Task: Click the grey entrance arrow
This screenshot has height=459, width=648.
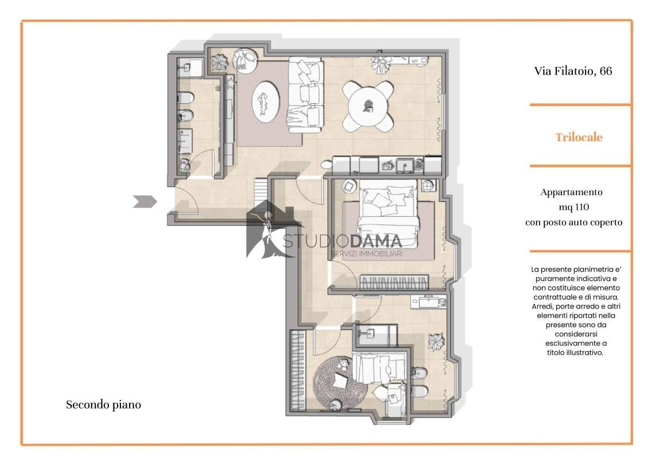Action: (x=145, y=201)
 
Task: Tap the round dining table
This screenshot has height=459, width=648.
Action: (x=368, y=106)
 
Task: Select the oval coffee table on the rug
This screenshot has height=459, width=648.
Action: (x=266, y=102)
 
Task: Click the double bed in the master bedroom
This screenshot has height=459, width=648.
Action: (x=388, y=215)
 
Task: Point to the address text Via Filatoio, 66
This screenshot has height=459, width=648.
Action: (x=573, y=71)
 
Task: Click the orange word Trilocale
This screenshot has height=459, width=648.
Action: (x=579, y=137)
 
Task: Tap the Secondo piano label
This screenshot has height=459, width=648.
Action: (x=103, y=404)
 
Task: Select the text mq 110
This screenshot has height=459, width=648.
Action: (x=573, y=207)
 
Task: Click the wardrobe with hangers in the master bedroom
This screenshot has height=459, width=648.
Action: (x=394, y=283)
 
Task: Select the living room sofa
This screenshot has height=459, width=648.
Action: (x=306, y=95)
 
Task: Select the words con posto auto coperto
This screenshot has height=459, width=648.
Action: (x=573, y=223)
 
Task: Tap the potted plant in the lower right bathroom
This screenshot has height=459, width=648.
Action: (x=436, y=341)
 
